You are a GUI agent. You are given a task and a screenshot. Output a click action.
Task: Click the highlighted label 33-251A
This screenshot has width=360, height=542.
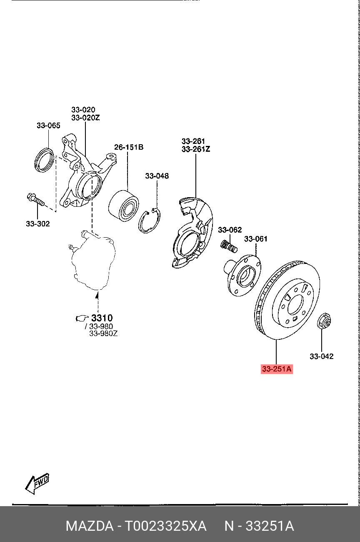(x=277, y=369)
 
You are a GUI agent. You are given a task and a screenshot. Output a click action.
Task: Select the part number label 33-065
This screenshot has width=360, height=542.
(x=48, y=125)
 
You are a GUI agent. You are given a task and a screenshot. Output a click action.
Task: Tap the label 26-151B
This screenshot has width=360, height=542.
(x=129, y=147)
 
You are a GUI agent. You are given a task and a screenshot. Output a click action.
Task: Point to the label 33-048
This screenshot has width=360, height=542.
(x=157, y=176)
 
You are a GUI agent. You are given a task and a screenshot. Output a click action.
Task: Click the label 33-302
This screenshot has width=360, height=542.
(x=37, y=224)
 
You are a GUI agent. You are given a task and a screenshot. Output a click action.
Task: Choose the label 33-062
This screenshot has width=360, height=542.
(x=230, y=230)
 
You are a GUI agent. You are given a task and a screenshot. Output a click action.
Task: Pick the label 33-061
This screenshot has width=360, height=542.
(x=255, y=239)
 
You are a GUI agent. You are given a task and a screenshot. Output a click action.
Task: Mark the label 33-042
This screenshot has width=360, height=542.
(x=321, y=356)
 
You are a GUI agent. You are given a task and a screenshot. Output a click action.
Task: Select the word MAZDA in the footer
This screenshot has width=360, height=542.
(x=89, y=526)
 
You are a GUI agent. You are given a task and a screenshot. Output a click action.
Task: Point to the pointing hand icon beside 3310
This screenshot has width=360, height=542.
(x=82, y=319)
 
